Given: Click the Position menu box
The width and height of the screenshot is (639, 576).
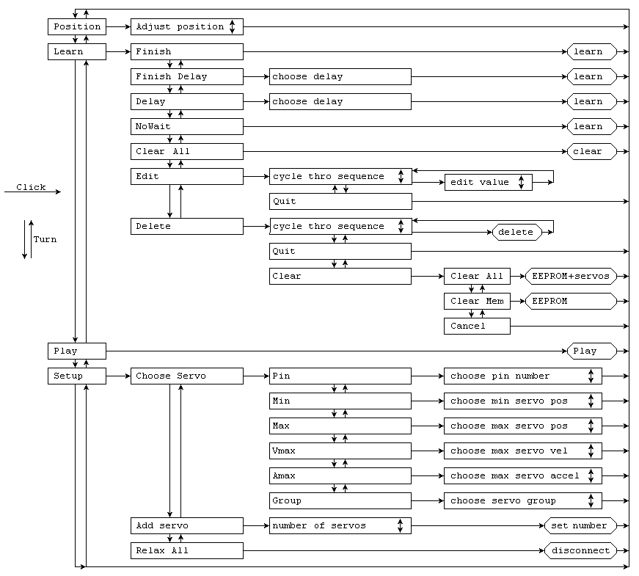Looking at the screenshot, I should coord(77,26).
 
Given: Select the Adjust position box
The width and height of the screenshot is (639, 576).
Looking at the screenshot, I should coord(186,26).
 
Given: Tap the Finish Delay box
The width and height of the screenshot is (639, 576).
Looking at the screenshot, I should coord(186,76).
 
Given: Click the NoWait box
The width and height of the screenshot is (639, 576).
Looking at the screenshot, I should coord(186,126).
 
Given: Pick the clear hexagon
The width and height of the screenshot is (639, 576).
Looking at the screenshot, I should coord(591,151).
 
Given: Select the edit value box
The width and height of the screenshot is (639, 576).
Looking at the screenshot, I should coord(488,182).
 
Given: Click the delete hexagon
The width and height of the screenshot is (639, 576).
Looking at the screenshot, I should coord(516,232).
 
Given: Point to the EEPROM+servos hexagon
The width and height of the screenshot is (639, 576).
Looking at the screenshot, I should coord(571,276).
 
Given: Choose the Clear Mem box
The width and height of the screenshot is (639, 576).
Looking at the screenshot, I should coord(477,301).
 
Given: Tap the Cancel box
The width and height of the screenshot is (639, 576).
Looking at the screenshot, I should coord(477,326).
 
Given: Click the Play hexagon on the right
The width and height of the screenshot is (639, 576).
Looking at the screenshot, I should coord(591,351).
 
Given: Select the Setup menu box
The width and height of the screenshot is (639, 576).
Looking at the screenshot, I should coord(77,376).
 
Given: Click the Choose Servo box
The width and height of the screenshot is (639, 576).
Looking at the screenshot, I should coord(186,376).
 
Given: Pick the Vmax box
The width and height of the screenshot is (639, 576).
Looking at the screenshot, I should coord(340,451).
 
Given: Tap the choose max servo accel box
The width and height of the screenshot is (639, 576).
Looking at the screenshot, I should coord(522,475).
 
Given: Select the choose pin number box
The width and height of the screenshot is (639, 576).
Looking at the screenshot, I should coord(522,376).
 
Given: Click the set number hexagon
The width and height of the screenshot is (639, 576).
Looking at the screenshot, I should coord(580,525).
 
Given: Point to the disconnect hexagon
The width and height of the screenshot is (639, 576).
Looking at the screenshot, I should coord(580,550).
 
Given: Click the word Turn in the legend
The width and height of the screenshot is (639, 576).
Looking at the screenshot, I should coord(45,239).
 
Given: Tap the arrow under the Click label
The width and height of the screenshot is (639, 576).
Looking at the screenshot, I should coord(32,192).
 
